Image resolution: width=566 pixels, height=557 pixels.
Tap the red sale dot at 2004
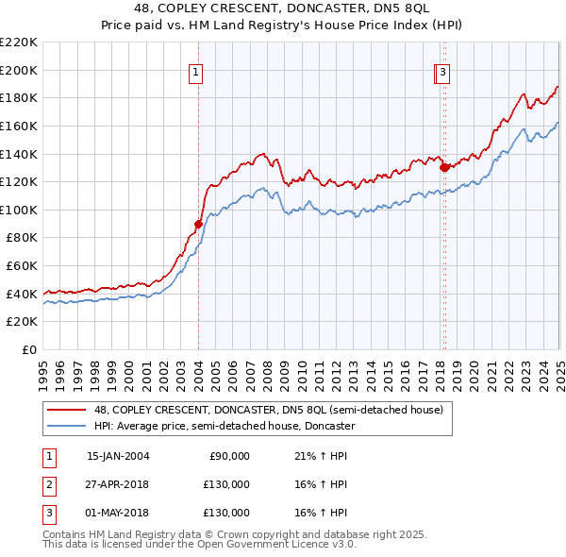coord(198,224)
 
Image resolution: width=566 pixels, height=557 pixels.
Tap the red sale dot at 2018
coord(444,167)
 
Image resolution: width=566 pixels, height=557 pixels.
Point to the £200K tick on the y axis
coord(20,70)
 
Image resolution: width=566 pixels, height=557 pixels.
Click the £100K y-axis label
coord(20,210)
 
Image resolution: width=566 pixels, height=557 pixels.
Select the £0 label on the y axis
coord(28,350)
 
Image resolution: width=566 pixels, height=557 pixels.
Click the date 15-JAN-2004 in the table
coord(118,456)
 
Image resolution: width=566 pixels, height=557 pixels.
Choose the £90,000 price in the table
coord(229,456)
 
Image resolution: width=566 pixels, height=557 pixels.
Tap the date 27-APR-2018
coord(118,484)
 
